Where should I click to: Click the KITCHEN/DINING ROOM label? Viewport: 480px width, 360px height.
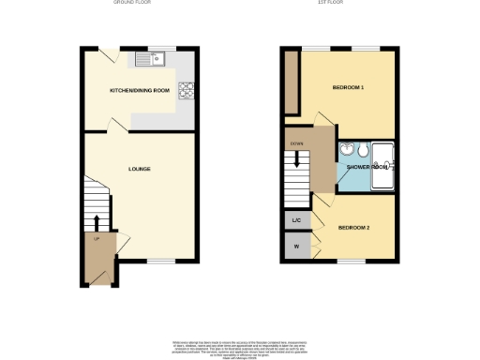[x=141, y=90]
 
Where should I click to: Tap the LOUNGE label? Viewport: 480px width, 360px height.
[x=140, y=169]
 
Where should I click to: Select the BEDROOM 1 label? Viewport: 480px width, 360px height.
[x=348, y=88]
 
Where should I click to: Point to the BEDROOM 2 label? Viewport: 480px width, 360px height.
[x=353, y=228]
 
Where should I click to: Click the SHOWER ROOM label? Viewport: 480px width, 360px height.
[x=367, y=167]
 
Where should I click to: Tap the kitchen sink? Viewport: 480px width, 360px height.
[x=149, y=59]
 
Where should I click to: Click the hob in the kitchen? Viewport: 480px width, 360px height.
[x=186, y=91]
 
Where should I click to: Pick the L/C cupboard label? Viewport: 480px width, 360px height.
[x=296, y=220]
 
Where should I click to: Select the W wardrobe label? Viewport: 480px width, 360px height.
[x=296, y=247]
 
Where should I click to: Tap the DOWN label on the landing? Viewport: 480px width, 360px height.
[x=296, y=143]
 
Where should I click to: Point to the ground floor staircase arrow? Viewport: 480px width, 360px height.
[x=97, y=223]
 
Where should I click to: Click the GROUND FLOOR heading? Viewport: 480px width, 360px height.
[x=132, y=3]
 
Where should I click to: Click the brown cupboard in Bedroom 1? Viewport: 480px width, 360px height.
[x=291, y=81]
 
